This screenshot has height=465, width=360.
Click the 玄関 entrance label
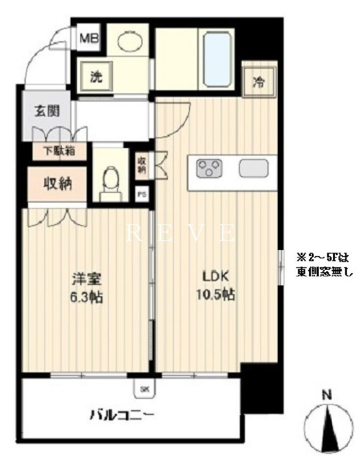(47, 111)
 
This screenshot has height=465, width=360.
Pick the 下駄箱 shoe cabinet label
(61, 151)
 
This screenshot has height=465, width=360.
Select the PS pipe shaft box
(142, 194)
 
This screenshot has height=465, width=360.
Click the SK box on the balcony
(144, 389)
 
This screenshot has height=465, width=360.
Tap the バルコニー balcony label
(122, 416)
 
